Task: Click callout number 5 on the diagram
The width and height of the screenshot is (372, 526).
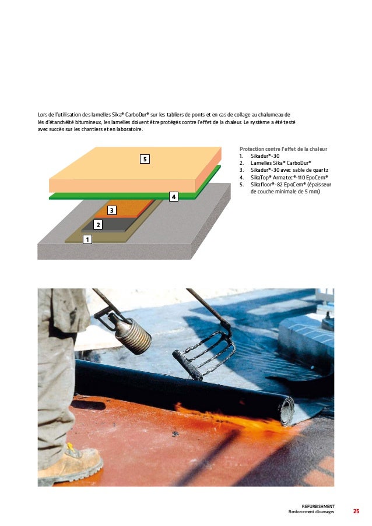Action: [x=145, y=158]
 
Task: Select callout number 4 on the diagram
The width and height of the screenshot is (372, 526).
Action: [x=173, y=197]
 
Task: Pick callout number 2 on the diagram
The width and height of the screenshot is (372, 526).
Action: [x=98, y=224]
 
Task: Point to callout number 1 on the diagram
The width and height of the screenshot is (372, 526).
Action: [x=87, y=239]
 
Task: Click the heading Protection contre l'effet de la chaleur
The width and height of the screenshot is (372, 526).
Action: [x=283, y=149]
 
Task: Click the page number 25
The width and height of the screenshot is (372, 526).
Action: [x=356, y=511]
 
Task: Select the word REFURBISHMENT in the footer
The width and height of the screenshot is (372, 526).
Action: [x=318, y=507]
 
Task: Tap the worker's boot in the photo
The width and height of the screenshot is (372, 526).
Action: [x=71, y=463]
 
